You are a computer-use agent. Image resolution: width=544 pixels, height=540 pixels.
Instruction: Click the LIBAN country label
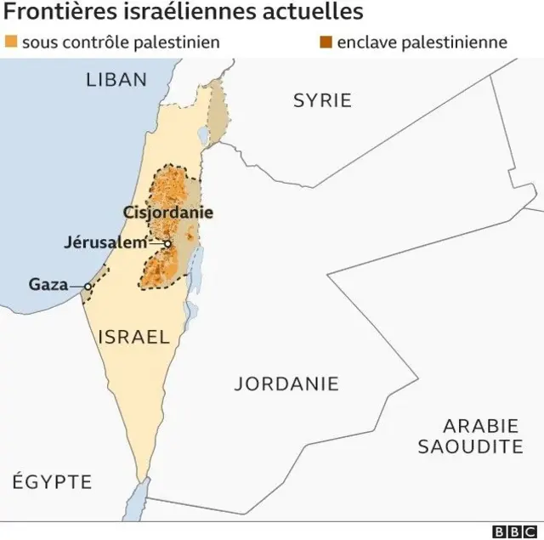[116, 80]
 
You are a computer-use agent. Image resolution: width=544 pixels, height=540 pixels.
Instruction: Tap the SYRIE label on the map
[322, 100]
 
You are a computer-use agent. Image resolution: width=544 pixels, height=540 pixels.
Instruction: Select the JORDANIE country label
[286, 384]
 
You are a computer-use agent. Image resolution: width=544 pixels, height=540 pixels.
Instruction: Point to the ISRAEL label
[134, 337]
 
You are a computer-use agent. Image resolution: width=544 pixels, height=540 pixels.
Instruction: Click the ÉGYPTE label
[52, 482]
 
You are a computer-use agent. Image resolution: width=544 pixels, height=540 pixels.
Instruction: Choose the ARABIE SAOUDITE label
[470, 435]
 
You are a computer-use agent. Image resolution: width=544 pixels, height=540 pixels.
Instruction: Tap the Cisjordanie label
[167, 213]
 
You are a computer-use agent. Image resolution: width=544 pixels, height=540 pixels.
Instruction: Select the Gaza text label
[48, 284]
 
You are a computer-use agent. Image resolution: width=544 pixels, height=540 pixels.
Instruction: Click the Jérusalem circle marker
[167, 243]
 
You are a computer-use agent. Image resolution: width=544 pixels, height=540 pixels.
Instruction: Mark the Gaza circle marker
[87, 287]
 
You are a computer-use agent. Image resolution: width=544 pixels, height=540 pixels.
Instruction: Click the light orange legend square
[11, 42]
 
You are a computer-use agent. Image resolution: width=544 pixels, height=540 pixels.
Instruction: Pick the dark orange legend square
[326, 42]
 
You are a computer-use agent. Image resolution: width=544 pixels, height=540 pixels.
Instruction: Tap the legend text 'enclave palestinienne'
[422, 42]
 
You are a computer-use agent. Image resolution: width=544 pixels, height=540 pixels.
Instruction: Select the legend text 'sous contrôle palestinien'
[121, 42]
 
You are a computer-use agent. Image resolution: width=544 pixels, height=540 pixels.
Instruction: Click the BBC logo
[511, 531]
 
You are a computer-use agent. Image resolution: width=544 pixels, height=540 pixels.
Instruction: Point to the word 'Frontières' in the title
[52, 14]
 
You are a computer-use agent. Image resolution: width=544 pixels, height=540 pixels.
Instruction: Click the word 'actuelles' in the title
[314, 14]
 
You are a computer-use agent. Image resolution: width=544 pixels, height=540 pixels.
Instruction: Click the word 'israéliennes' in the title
[183, 14]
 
